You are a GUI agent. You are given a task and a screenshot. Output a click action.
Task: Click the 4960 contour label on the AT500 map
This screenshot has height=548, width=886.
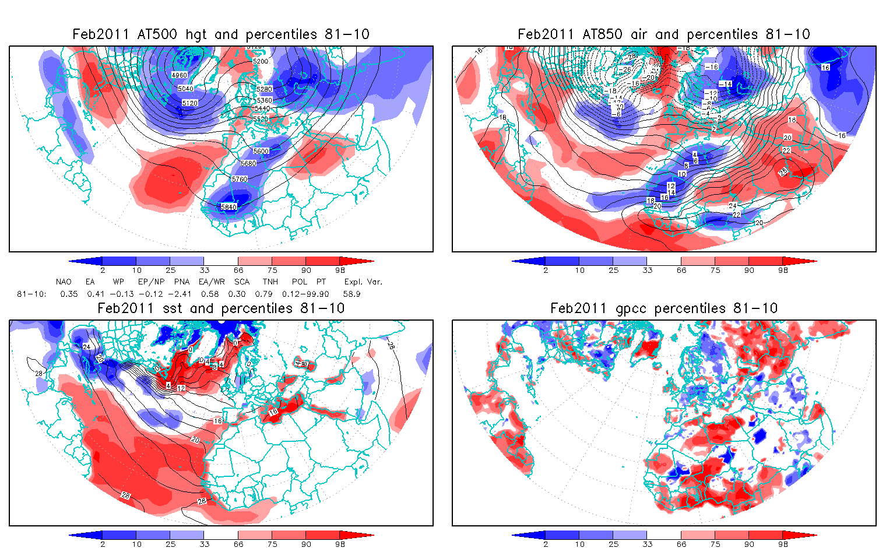coord(180,75)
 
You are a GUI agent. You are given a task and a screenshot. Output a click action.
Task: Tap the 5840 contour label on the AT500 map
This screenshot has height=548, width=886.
coord(229,207)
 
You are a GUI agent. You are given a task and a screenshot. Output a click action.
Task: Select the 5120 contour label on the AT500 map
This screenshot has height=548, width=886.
coord(189,103)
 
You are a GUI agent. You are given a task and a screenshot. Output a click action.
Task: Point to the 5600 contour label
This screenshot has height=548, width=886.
coord(261,152)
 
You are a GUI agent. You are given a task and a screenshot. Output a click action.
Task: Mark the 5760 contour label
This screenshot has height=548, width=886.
coord(240,180)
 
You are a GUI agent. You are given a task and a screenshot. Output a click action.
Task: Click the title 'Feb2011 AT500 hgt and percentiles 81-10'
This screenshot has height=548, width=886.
coord(221,34)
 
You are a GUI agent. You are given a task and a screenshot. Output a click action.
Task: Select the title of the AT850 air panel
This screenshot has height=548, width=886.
coord(664,34)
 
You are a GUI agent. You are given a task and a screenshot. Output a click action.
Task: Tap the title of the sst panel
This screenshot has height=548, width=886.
coord(221,308)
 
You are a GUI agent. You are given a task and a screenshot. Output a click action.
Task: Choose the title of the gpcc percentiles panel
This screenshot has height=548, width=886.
coord(664,308)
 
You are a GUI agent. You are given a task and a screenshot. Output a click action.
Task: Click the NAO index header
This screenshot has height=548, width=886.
coord(64,282)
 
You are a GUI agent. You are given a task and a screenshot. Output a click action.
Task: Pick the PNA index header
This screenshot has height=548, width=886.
coord(182,282)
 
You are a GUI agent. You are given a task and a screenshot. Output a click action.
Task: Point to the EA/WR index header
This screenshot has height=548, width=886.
coord(212,282)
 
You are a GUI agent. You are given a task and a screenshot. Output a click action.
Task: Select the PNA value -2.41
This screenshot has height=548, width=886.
coord(182,294)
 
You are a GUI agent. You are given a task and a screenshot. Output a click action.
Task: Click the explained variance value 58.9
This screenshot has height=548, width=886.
coord(351,294)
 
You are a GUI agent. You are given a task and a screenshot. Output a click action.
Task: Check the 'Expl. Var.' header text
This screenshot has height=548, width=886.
coord(363,282)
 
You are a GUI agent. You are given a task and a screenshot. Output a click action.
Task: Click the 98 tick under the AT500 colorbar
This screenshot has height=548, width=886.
coord(340,271)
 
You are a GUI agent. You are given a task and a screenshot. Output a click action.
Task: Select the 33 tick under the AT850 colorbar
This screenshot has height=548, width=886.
coord(647,271)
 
